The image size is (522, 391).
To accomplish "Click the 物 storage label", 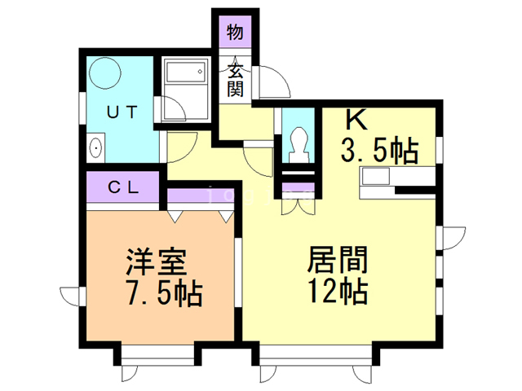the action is pos(235,33).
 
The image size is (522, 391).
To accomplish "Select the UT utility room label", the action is pos(122,112).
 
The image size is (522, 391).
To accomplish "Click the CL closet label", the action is pos(123,188).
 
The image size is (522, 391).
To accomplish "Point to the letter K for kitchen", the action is pos(356,120).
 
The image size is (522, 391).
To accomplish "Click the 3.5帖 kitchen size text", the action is pos(379,151).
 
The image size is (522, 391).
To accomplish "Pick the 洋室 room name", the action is pos(156,261).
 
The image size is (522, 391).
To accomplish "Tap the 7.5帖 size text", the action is pos(164,293).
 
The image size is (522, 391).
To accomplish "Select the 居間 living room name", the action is pos(338,259).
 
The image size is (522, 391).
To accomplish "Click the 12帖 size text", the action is pos(338,291).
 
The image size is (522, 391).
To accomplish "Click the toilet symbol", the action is pos(299,144).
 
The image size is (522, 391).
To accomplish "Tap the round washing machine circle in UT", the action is pos(105,73).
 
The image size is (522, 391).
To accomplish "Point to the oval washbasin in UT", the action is pos(96,148).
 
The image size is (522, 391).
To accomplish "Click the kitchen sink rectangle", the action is pos(376,176).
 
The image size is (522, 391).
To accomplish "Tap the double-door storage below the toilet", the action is pos(299,199).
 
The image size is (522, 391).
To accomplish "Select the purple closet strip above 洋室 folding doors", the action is pos(200,195).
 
